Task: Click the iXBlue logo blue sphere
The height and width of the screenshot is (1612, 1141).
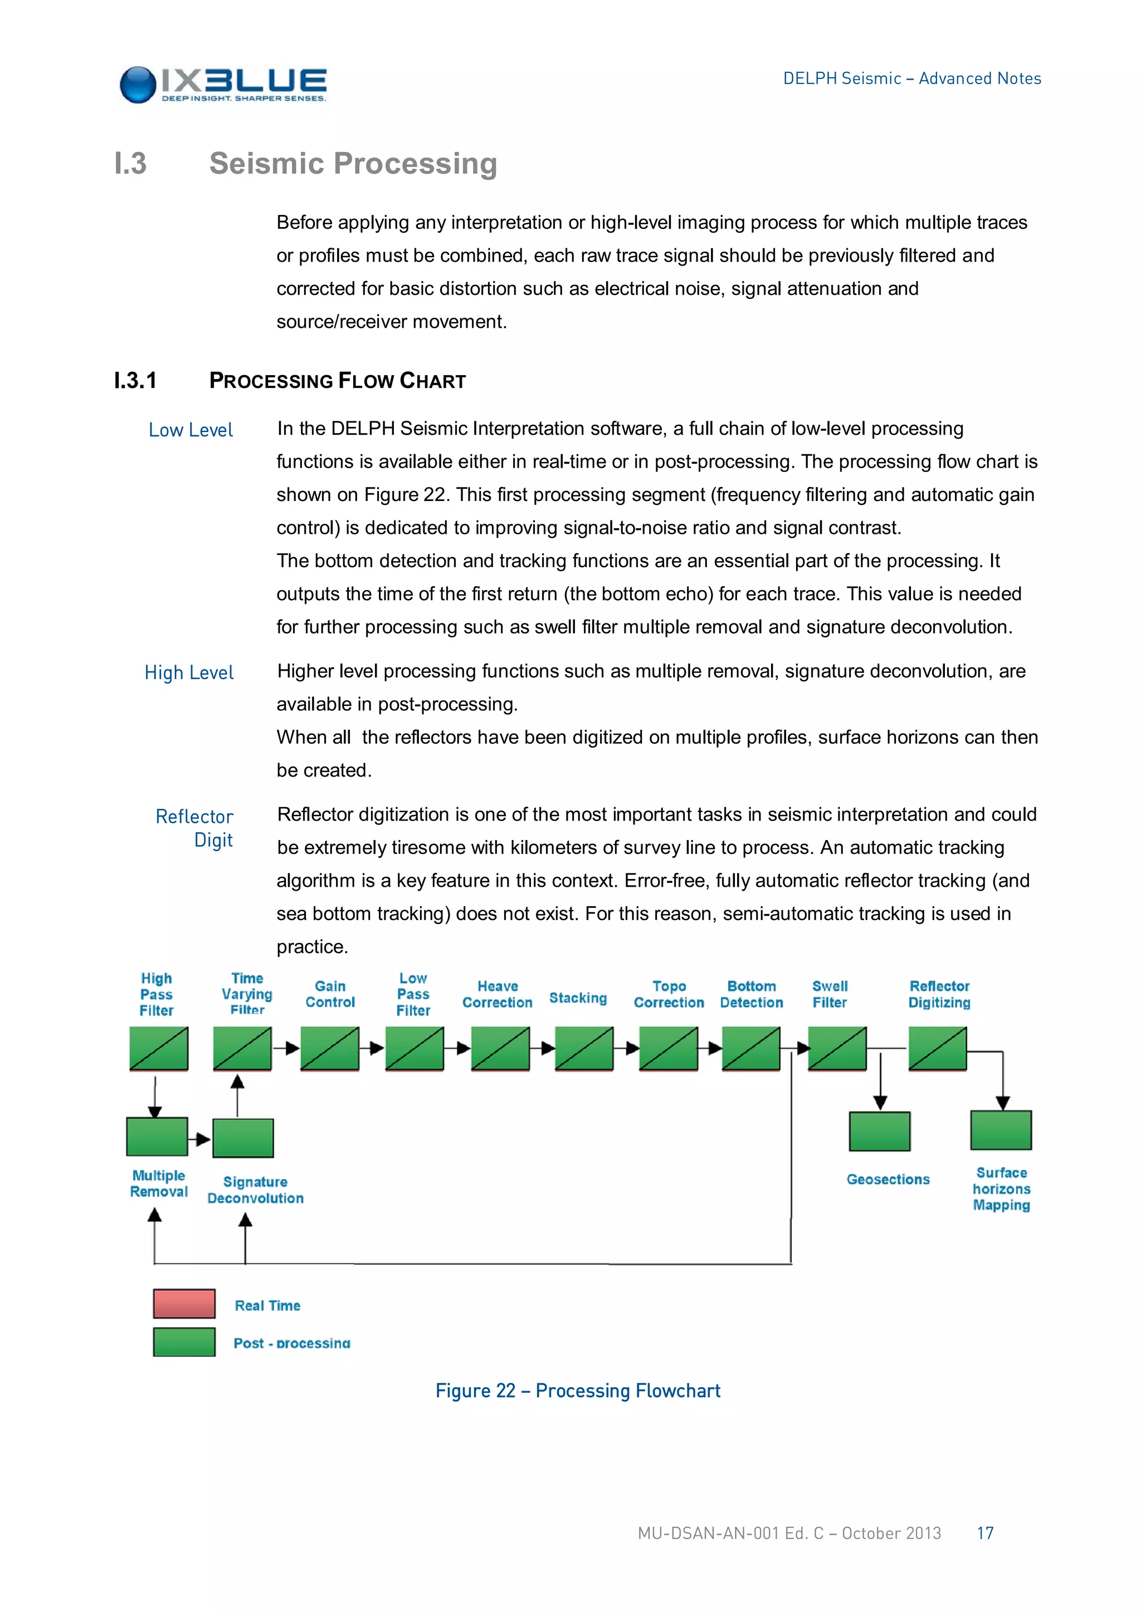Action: tap(138, 85)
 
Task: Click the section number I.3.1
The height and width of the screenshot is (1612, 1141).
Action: tap(135, 381)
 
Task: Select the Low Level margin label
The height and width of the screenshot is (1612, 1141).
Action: tap(191, 430)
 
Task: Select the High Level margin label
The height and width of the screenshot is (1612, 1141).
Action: tap(188, 672)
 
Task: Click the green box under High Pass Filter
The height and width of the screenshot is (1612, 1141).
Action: tap(159, 1048)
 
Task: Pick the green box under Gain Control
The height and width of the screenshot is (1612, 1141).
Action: tap(329, 1048)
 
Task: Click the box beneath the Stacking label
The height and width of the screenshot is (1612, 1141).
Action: tap(584, 1048)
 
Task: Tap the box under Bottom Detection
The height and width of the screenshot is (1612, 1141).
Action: tap(751, 1048)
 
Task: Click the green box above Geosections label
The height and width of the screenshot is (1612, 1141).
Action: tap(879, 1131)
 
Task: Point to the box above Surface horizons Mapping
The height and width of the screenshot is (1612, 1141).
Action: tap(1001, 1129)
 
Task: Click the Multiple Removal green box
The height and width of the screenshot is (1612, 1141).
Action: tap(157, 1136)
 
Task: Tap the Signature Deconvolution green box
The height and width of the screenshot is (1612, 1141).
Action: tap(243, 1137)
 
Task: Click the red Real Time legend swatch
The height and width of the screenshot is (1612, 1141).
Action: tap(184, 1304)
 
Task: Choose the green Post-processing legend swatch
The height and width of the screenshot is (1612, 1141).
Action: tap(184, 1341)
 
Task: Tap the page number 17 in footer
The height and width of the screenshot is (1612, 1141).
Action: tap(984, 1532)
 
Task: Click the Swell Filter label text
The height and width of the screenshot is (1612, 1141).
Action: tap(830, 994)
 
